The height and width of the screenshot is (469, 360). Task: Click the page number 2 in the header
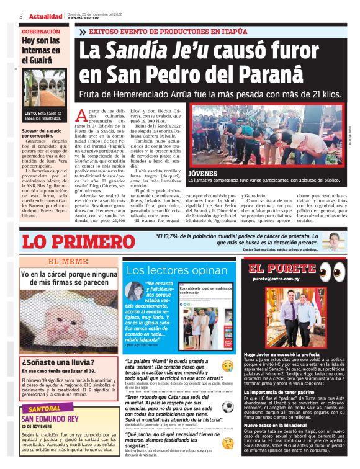[x=21, y=16]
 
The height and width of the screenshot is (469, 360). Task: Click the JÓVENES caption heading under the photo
[x=202, y=172]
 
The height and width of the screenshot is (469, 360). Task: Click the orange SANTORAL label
[x=43, y=409]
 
